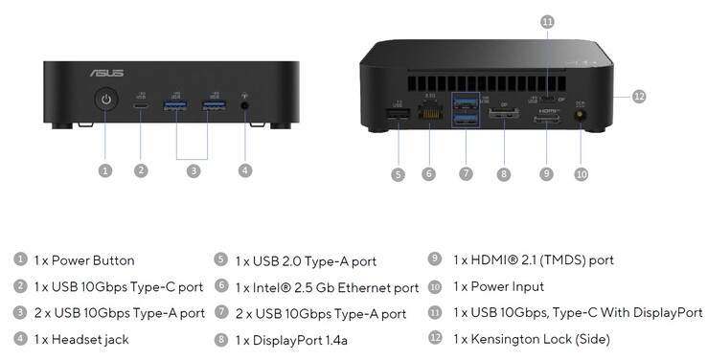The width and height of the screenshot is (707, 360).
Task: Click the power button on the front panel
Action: coord(105,101)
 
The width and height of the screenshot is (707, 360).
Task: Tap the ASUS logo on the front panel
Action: coord(105,71)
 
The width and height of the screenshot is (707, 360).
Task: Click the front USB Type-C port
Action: coord(142,104)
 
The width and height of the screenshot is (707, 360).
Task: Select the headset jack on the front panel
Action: coord(246,104)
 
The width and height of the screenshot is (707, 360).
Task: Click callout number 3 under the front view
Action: coord(194,170)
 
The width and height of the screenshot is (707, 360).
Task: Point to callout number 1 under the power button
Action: coord(105,170)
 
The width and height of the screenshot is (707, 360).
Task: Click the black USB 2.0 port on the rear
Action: coord(398,118)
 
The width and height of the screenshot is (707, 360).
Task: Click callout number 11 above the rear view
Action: coord(546,20)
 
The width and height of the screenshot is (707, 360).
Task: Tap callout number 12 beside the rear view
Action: coord(639,96)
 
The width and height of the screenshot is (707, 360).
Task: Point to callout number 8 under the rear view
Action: coord(504,174)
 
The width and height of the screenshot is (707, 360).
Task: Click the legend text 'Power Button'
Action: coord(93,259)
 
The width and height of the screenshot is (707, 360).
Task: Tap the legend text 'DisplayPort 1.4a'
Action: coord(300,339)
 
